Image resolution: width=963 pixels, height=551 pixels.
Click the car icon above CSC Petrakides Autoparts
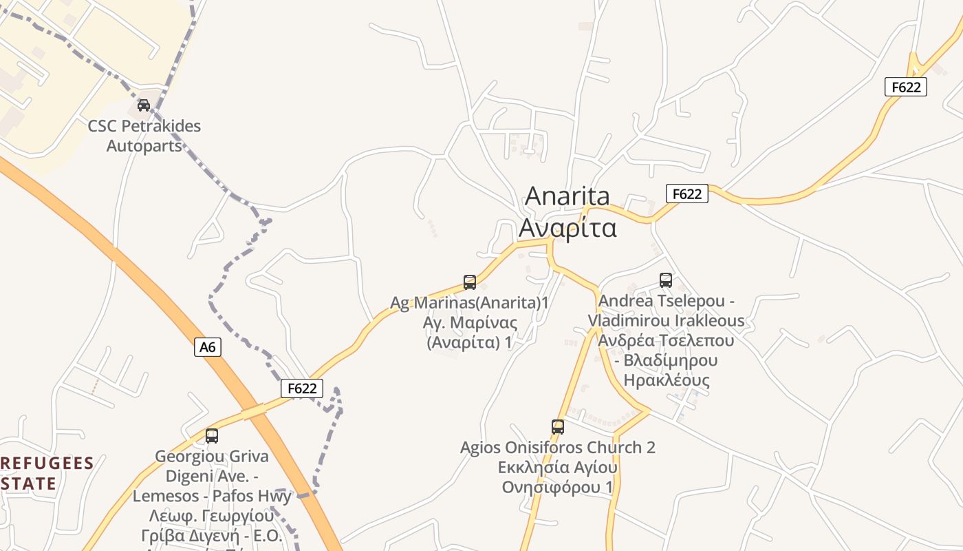tap(144, 105)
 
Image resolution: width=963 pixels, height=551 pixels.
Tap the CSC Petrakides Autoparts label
tap(144, 136)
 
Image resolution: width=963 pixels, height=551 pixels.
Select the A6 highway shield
tap(208, 347)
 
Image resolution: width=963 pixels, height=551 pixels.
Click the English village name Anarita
tap(567, 196)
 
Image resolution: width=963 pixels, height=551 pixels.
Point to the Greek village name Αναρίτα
tap(567, 227)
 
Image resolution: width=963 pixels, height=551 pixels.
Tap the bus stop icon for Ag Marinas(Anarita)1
tap(470, 282)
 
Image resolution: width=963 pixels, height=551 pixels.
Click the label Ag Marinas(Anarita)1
tap(470, 302)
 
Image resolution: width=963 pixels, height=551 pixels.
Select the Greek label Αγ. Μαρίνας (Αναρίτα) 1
tap(470, 332)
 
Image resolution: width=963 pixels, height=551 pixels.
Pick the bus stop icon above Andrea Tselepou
tap(666, 280)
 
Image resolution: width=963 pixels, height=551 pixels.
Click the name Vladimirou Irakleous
tap(666, 320)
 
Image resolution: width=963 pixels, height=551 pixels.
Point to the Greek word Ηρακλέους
tap(666, 380)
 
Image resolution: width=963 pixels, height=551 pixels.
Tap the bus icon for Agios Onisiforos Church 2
tap(558, 426)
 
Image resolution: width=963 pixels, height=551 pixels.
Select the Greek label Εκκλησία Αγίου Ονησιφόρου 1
tap(558, 477)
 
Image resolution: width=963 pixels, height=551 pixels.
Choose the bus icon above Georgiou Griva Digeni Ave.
tap(212, 435)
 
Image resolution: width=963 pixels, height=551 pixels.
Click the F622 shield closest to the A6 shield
tap(302, 388)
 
